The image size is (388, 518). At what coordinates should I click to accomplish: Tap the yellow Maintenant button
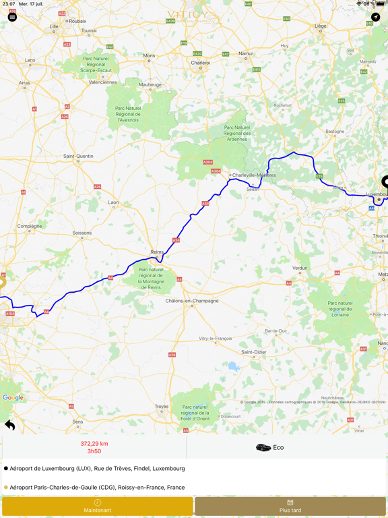(97, 507)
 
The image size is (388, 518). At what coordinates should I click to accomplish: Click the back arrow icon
(10, 424)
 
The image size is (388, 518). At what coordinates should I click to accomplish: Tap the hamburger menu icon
(12, 17)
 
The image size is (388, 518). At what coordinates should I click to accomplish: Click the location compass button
(375, 17)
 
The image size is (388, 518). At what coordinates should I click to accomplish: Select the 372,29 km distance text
(94, 444)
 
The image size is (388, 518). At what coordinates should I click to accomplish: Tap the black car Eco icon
(263, 447)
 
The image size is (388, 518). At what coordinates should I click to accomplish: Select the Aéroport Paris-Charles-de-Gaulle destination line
(97, 487)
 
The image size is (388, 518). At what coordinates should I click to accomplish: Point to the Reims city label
(157, 252)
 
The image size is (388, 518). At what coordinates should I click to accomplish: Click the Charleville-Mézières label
(254, 175)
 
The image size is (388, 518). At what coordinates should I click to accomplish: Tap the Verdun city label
(300, 268)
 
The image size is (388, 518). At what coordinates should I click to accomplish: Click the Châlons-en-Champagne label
(192, 301)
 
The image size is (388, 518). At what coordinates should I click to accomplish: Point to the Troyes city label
(162, 407)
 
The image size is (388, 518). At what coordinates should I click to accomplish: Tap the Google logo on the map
(13, 398)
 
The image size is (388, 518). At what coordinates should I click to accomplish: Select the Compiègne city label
(30, 226)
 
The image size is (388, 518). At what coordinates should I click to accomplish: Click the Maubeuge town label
(150, 84)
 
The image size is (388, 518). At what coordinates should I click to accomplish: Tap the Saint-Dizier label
(253, 352)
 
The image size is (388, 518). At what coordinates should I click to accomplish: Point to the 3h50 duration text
(94, 451)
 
